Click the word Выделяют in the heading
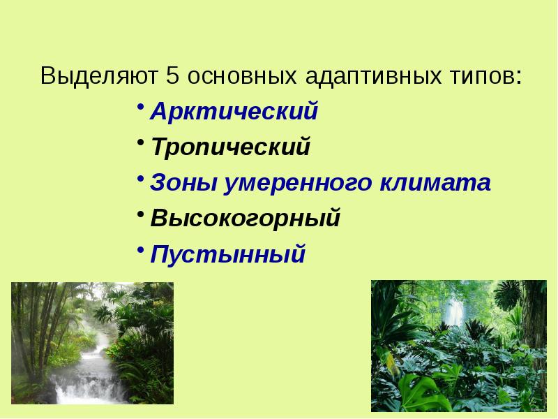pyautogui.click(x=100, y=75)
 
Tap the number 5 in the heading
pyautogui.click(x=174, y=75)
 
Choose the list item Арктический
pyautogui.click(x=234, y=112)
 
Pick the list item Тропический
pyautogui.click(x=230, y=148)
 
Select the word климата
pyautogui.click(x=435, y=184)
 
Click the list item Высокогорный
pyautogui.click(x=246, y=219)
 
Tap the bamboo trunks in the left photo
pyautogui.click(x=31, y=328)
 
